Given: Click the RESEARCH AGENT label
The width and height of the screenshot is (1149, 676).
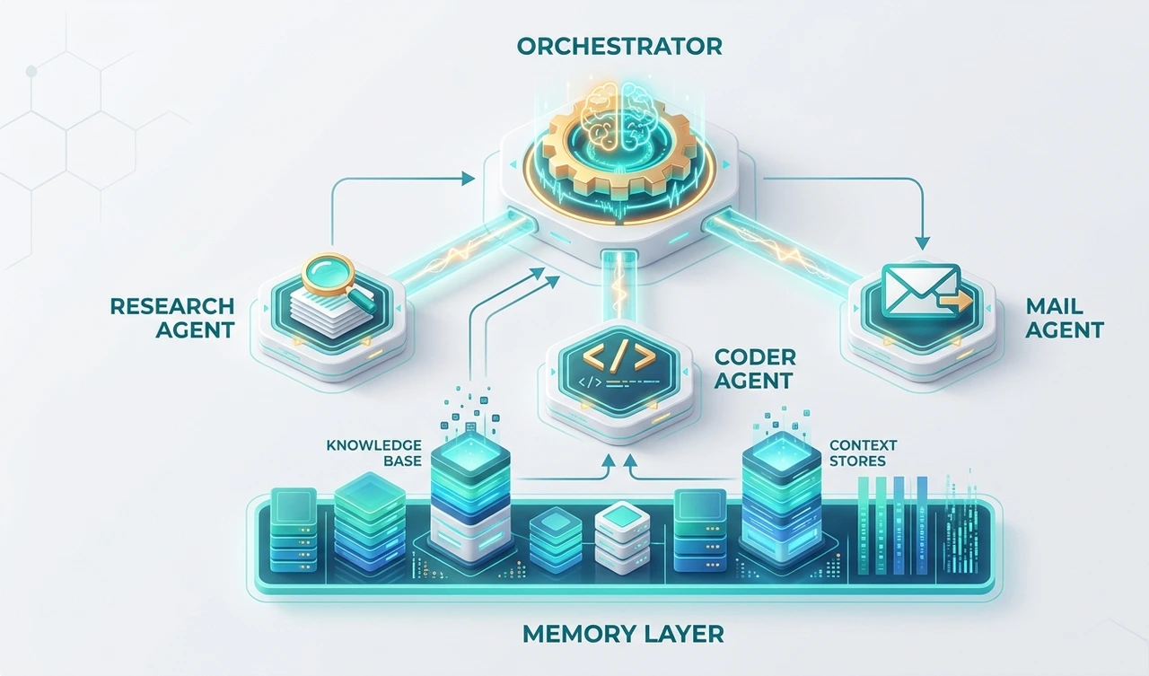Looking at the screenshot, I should (x=171, y=318).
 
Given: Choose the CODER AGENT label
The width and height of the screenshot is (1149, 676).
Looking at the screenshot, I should (x=754, y=368).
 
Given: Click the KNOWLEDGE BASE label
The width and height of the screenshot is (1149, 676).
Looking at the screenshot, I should (x=373, y=452).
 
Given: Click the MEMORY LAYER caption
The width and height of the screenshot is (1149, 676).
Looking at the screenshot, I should (x=622, y=634).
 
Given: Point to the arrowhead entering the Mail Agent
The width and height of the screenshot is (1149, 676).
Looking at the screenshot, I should (x=921, y=241).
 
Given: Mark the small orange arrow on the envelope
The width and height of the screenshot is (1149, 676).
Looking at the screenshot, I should (x=958, y=305).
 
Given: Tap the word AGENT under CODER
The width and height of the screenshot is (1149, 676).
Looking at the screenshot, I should (x=754, y=380).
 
